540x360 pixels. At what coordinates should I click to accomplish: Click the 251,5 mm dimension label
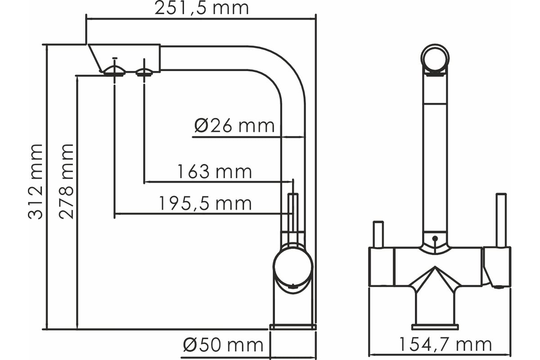point(202,8)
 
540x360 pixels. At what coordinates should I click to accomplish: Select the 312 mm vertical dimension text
point(36,181)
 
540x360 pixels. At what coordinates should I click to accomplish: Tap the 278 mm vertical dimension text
point(66,181)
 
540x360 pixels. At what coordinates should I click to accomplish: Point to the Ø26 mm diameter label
point(234,126)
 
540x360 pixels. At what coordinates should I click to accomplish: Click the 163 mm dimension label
point(215,172)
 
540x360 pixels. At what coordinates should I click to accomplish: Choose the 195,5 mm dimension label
point(205,203)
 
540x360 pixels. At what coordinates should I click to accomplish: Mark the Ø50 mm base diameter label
point(223,345)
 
